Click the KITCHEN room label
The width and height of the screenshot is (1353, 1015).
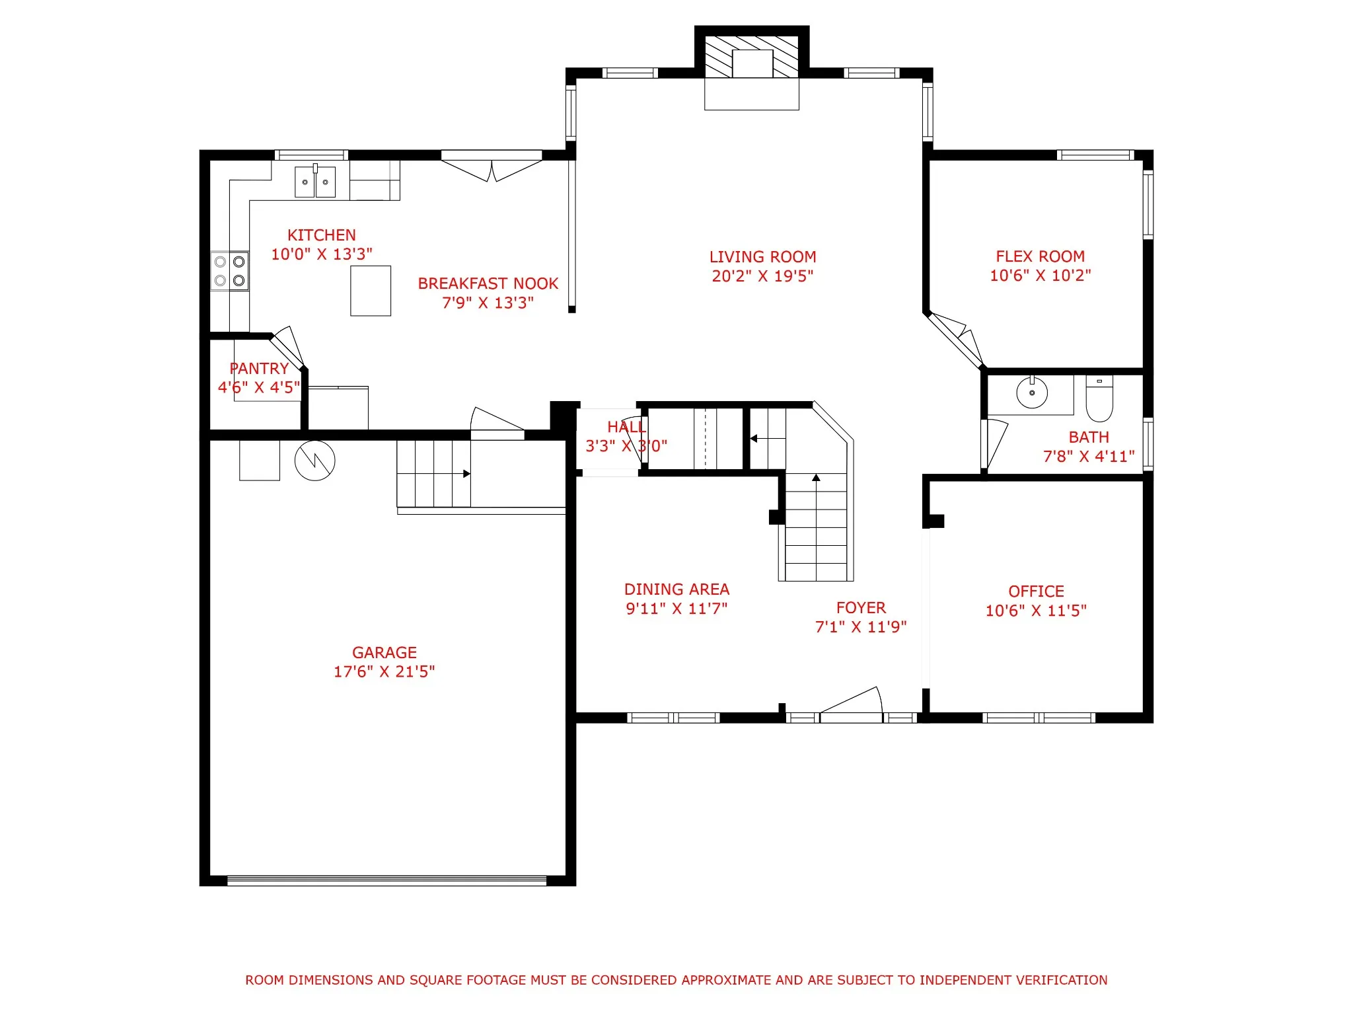tap(321, 235)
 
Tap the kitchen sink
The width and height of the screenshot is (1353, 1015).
tap(314, 182)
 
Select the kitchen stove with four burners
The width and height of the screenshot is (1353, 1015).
tap(230, 271)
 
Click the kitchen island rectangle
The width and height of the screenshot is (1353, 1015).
tap(371, 291)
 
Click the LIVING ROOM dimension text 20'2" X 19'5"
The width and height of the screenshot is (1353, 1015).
tap(762, 276)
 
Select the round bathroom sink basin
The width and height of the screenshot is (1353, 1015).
tap(1032, 393)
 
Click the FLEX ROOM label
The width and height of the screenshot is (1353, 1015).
tap(1040, 256)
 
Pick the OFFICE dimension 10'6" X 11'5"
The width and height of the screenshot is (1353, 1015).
tap(1036, 611)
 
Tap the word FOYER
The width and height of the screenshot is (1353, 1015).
tap(861, 608)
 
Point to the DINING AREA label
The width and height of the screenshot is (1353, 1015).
tap(676, 589)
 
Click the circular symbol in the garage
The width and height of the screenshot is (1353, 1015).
tap(314, 461)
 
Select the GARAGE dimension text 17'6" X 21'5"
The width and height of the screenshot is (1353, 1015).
tap(384, 671)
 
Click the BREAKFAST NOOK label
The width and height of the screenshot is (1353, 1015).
tap(488, 283)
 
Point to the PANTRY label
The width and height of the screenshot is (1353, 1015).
tap(259, 369)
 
